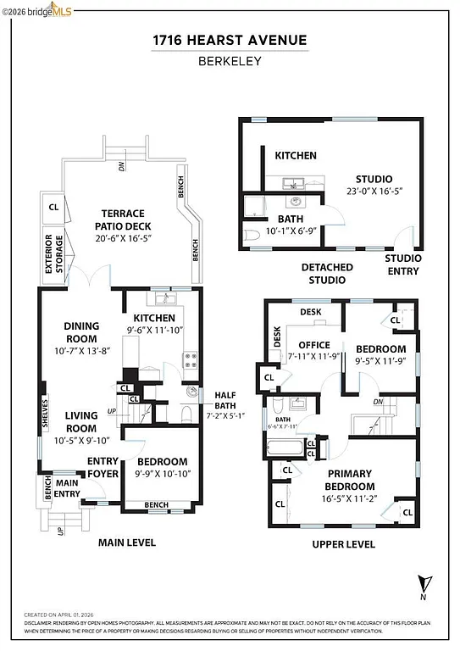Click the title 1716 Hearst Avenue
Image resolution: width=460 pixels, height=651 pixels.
click(x=230, y=40)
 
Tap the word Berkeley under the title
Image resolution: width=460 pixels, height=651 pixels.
click(x=230, y=61)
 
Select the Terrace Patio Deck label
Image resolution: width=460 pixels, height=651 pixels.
click(x=124, y=220)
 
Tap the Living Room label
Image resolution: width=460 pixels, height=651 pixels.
click(x=81, y=421)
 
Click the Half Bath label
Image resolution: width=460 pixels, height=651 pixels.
click(x=225, y=396)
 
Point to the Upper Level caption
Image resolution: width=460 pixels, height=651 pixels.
click(x=343, y=543)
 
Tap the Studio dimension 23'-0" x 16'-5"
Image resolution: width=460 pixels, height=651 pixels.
click(x=373, y=192)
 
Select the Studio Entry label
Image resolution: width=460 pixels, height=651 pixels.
click(x=402, y=264)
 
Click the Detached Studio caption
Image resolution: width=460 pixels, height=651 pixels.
click(x=327, y=273)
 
